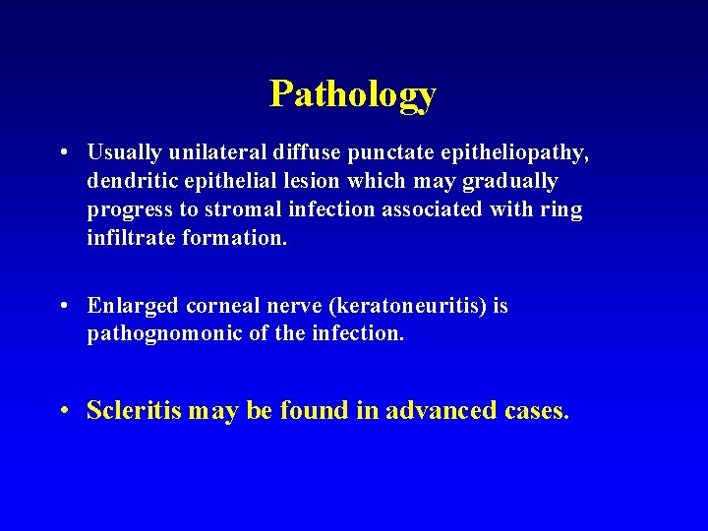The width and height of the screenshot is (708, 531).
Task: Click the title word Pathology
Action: click(353, 94)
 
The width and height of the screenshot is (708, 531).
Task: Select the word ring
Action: click(562, 210)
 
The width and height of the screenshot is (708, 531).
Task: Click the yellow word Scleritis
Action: click(134, 410)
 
